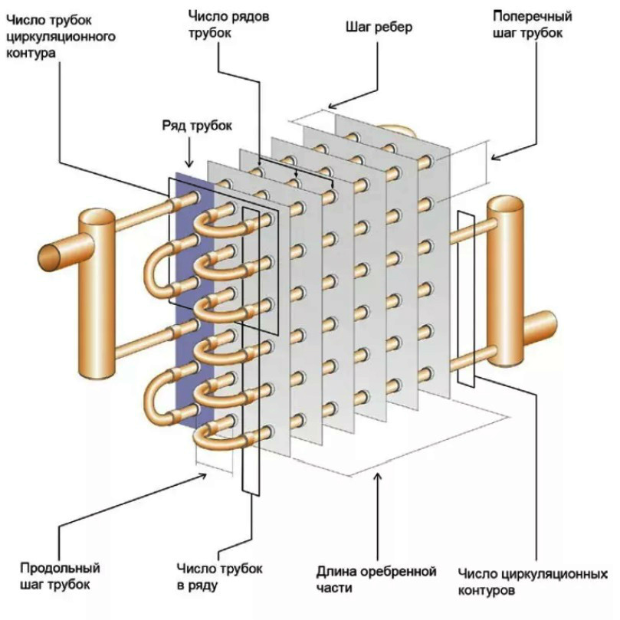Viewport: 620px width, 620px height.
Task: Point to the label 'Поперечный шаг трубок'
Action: tap(528, 25)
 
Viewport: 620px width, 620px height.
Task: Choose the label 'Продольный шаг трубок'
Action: tap(59, 577)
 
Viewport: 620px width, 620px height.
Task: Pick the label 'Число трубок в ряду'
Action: tap(219, 577)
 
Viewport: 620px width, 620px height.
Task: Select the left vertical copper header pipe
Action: tap(97, 291)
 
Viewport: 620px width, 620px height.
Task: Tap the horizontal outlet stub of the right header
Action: tap(543, 326)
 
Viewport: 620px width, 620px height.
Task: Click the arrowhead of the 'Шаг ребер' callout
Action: tap(330, 105)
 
